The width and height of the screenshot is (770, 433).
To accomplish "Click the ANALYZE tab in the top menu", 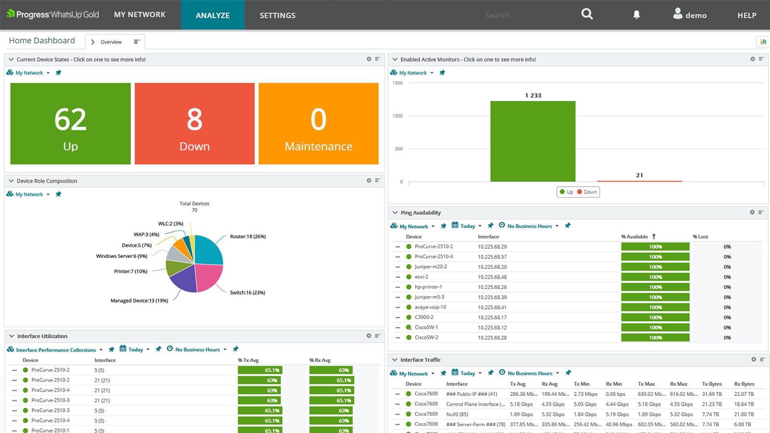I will (212, 15).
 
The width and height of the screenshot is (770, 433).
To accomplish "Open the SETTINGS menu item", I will (277, 15).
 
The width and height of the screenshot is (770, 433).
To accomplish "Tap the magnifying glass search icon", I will (587, 14).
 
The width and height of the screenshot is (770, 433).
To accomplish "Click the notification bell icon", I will (636, 15).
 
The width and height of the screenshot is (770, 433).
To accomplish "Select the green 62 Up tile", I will (70, 124).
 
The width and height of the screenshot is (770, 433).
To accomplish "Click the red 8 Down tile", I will (194, 124).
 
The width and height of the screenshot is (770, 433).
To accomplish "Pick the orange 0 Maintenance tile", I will (318, 124).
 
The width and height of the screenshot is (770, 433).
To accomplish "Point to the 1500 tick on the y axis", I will (398, 83).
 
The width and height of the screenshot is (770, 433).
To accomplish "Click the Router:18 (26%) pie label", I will (247, 237).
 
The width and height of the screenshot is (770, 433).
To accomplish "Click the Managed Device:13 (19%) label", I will (139, 301).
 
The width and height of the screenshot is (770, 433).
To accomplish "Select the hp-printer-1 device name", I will (428, 287).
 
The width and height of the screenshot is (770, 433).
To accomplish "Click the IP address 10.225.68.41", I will (492, 307).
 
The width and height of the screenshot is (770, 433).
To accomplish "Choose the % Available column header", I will (634, 237).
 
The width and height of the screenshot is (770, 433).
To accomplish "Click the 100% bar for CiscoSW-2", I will (655, 338).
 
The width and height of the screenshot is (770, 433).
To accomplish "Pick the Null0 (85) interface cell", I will (457, 414).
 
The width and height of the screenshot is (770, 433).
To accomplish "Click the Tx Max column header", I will (646, 384).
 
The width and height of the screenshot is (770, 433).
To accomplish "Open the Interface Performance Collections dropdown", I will (56, 350).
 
